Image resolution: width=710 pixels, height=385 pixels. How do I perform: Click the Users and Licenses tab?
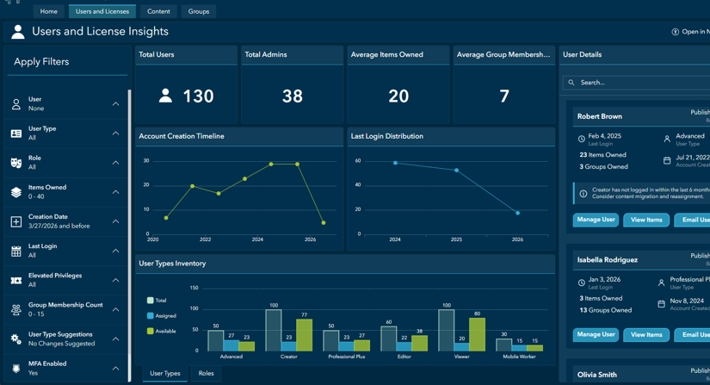(102, 11)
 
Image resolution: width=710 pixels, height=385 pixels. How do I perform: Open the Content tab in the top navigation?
(158, 11)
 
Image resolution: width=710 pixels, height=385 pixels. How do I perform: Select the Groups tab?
(199, 11)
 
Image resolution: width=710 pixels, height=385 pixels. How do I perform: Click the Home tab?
(49, 11)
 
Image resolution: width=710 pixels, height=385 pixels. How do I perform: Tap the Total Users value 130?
(198, 96)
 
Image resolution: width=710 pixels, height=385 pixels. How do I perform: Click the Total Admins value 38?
(293, 96)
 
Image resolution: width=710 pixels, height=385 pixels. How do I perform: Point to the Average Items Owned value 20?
(398, 96)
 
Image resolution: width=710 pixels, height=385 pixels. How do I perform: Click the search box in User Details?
(637, 83)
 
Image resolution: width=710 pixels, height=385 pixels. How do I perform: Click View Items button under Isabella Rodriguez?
(646, 334)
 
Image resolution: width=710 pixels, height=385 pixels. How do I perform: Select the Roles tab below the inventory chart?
(206, 373)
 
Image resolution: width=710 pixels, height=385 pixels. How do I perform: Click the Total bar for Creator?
(274, 330)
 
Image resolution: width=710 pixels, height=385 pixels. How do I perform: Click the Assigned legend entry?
(165, 316)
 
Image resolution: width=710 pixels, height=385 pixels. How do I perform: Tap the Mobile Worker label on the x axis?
(518, 357)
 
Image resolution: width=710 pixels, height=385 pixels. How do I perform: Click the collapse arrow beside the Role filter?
(116, 163)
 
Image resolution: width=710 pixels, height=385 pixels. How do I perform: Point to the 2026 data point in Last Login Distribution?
(517, 213)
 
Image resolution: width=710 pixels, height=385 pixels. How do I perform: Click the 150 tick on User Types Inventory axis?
(194, 288)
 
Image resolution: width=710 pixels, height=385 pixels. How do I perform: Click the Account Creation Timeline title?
(182, 136)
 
